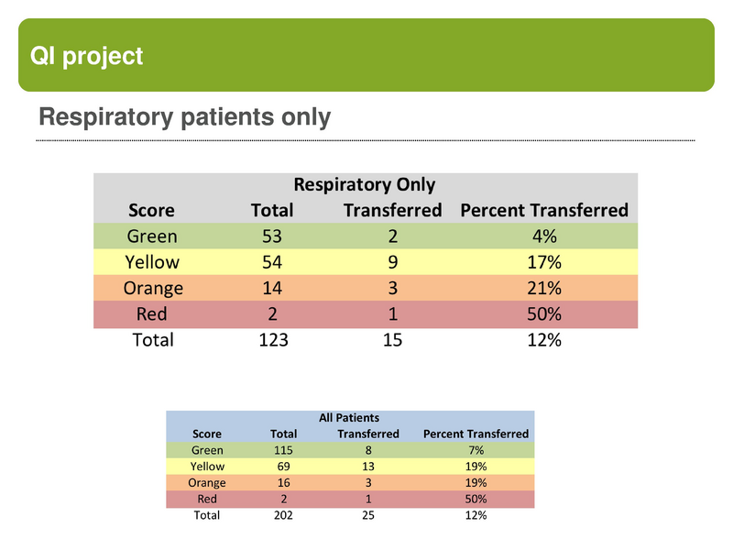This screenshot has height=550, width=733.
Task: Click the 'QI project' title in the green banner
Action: pos(87,56)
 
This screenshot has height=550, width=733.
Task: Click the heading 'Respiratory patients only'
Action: pos(184,117)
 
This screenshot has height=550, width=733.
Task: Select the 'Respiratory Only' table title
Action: pos(364,185)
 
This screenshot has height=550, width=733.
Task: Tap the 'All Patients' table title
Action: pos(349,418)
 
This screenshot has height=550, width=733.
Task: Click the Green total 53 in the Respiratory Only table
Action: pos(272,236)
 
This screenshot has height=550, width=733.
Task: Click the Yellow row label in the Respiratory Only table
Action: pos(152,262)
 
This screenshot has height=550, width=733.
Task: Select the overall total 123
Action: pos(272,340)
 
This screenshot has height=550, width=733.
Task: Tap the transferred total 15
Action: pos(393,340)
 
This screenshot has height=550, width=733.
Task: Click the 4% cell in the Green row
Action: pos(545,236)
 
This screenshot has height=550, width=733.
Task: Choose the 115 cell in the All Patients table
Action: pos(284,450)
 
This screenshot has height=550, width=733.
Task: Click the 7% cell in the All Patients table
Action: pos(476,450)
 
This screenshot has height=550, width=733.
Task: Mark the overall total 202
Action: pos(284,516)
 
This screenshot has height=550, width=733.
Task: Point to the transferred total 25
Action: pos(368,516)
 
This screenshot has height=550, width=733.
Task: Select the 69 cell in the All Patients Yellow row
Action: pos(284,467)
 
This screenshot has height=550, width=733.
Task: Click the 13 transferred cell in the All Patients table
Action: pos(368,467)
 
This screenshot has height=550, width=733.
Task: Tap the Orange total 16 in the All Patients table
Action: pos(284,483)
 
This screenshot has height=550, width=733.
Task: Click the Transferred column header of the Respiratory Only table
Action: pos(392,211)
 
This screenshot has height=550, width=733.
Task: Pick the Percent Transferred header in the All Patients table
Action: pos(476,434)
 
